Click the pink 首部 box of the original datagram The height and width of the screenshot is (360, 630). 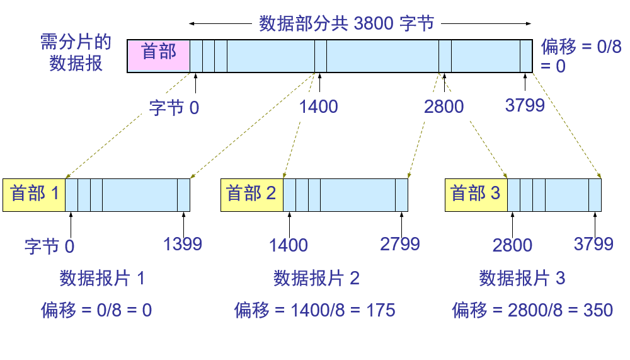[x=158, y=56]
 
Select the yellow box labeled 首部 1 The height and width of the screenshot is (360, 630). [x=34, y=195]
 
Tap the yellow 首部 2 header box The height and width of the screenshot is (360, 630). [x=252, y=195]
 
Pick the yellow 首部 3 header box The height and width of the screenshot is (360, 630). [x=476, y=195]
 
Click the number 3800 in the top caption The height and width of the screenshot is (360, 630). [x=374, y=24]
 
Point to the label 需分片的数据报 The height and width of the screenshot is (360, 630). [x=76, y=53]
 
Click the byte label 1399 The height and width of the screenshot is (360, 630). [x=183, y=244]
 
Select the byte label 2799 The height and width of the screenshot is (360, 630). [x=400, y=244]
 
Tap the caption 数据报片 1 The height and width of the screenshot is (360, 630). [x=102, y=278]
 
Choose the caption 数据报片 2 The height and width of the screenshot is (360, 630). [x=316, y=278]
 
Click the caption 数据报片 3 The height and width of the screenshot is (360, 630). [x=522, y=278]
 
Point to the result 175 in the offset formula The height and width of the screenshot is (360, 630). [x=381, y=311]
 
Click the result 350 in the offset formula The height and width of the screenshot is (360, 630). [x=598, y=311]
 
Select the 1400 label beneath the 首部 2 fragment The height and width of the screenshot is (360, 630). [x=289, y=245]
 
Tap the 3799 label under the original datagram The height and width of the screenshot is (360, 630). [x=525, y=105]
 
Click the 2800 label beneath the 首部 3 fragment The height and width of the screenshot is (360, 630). [x=512, y=245]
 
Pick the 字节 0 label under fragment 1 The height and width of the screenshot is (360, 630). [x=49, y=246]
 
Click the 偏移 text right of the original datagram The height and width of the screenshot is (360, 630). [x=558, y=47]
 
